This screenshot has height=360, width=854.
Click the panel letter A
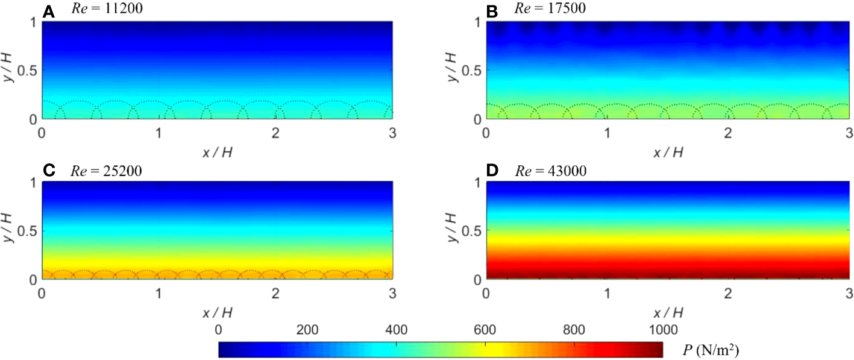coord(49,10)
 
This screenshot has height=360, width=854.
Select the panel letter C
coord(49,171)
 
